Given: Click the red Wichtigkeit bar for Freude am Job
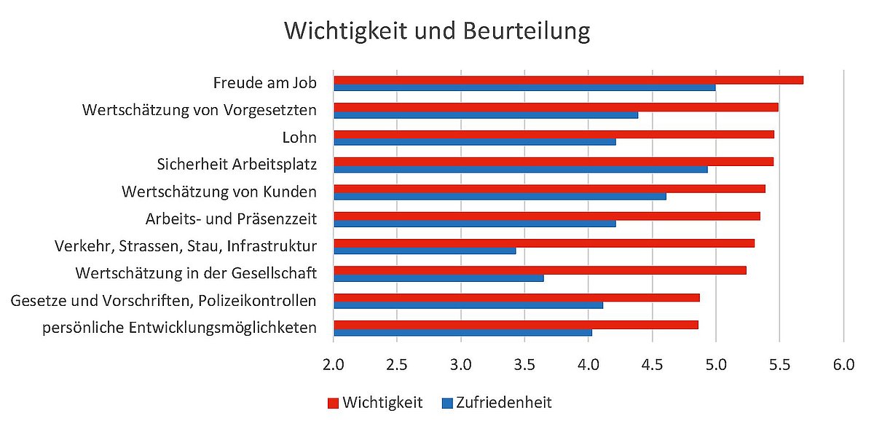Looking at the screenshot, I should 568,79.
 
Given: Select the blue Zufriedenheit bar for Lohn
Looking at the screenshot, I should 474,142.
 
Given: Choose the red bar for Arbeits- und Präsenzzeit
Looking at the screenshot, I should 546,216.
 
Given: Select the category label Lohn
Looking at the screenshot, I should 299,137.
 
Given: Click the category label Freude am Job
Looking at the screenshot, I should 264,83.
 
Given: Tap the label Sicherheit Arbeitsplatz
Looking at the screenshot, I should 237,164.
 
